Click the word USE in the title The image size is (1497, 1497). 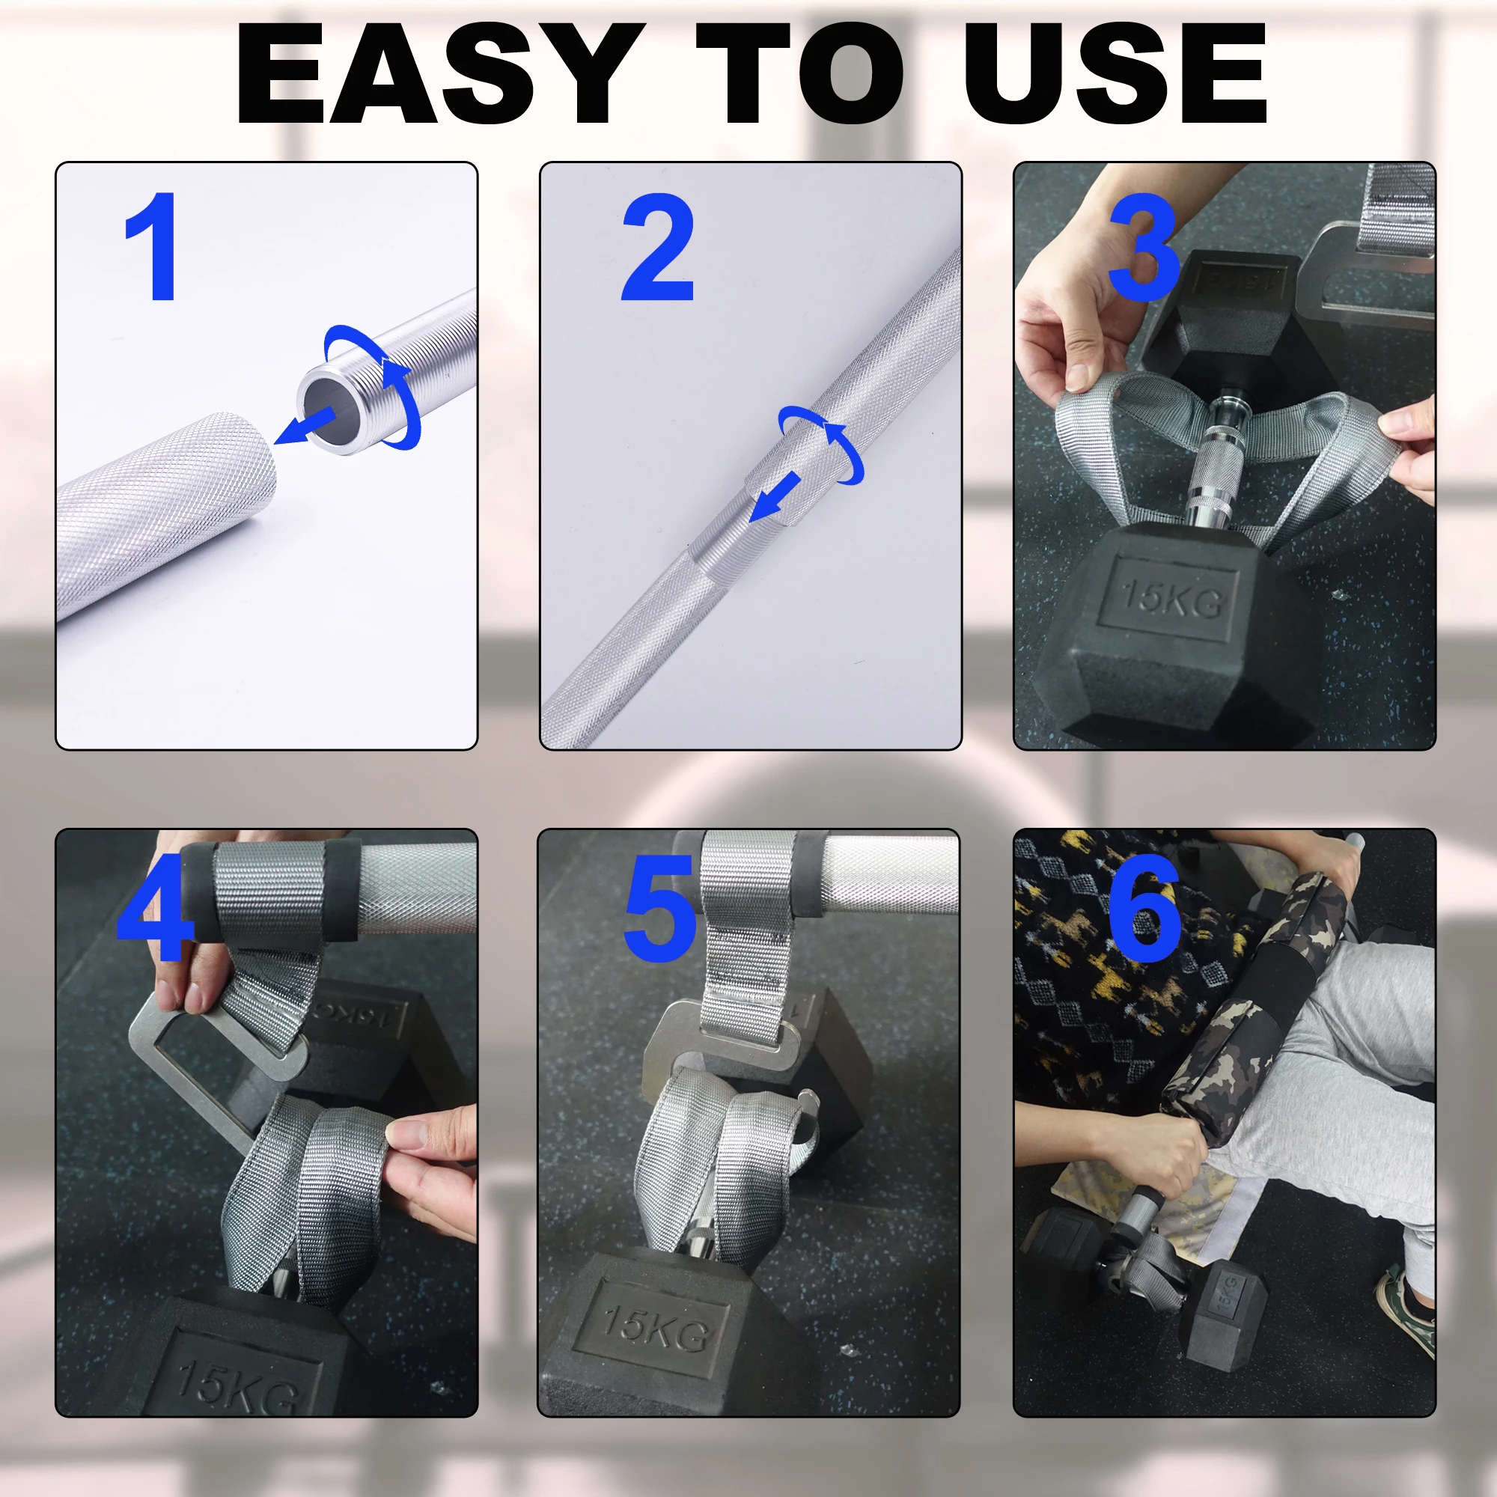point(1116,73)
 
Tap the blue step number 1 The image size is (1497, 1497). point(153,246)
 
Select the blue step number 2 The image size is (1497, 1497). point(657,246)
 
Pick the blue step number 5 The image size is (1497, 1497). point(659,907)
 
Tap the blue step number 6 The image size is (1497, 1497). point(1145,907)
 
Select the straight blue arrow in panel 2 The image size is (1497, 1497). point(775,498)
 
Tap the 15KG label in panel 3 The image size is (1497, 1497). point(1171,600)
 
